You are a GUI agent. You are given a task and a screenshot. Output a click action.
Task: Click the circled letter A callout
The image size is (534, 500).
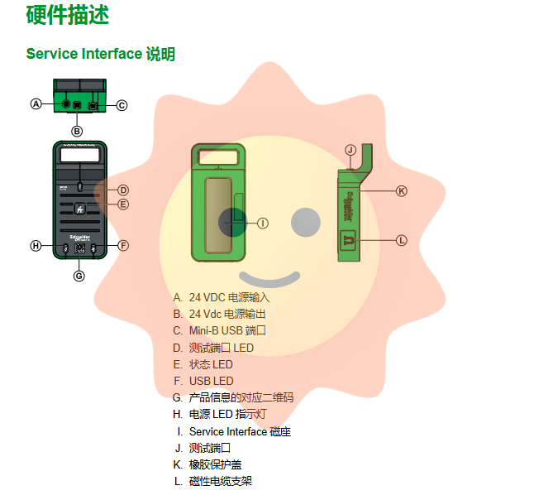tap(36, 103)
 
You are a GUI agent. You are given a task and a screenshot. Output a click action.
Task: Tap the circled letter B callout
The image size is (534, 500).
tap(77, 131)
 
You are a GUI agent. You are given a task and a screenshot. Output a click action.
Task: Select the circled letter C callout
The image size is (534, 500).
tap(122, 105)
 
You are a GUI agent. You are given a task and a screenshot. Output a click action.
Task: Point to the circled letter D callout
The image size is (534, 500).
tap(123, 190)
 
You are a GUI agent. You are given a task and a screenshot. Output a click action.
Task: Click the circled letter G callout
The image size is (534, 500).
tap(79, 276)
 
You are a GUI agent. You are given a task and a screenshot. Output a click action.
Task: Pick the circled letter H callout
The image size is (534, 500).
tap(36, 246)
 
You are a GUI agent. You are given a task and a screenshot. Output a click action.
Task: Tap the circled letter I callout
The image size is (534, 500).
tap(263, 224)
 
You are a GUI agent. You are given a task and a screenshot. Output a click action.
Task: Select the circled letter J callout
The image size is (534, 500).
tap(350, 150)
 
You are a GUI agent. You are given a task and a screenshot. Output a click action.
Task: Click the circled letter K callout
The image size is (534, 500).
tap(402, 191)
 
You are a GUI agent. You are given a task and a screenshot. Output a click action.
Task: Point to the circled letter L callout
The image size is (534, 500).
tap(402, 240)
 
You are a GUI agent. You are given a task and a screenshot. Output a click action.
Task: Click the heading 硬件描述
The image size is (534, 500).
tap(68, 16)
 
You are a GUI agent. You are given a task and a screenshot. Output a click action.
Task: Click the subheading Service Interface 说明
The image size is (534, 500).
tap(101, 54)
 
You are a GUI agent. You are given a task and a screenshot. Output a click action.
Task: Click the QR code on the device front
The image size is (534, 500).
tap(79, 248)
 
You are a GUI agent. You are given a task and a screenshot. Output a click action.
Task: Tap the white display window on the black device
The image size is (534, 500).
tap(80, 155)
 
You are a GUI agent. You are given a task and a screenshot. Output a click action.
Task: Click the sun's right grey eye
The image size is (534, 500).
tap(306, 223)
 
